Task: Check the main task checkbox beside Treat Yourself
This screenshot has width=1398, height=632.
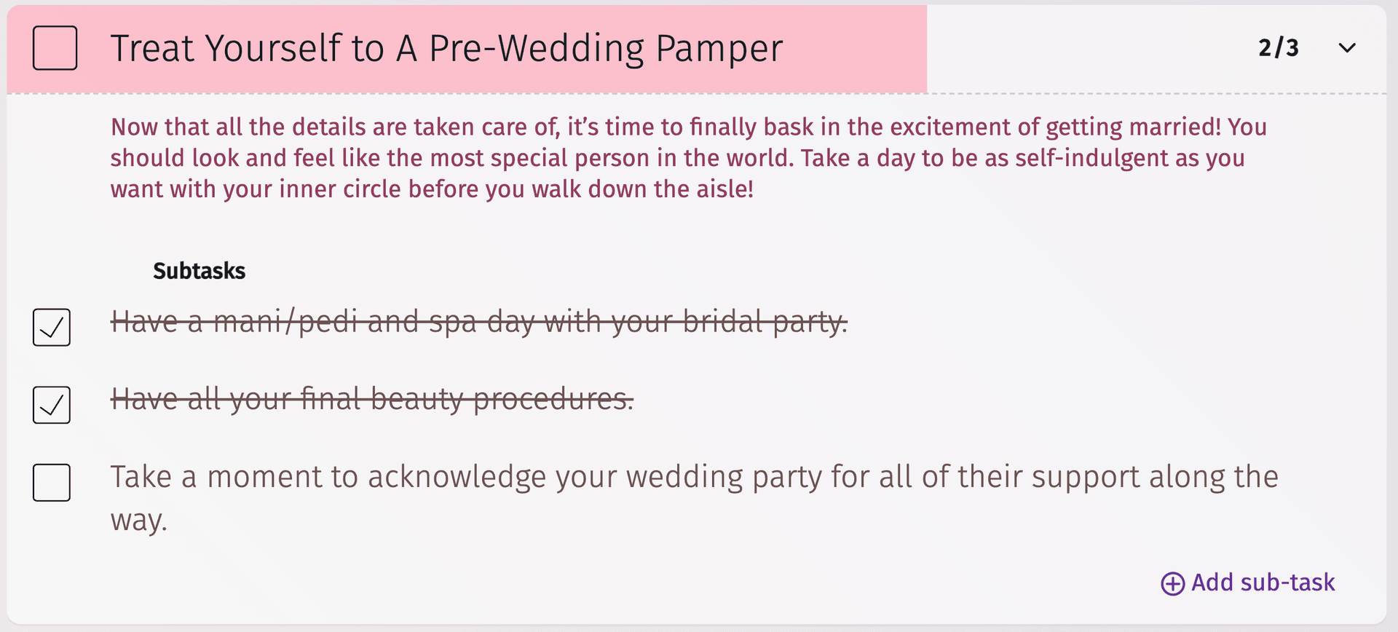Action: (55, 48)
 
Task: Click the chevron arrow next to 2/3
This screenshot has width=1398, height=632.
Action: (1347, 48)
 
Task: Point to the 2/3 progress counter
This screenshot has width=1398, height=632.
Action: (1278, 48)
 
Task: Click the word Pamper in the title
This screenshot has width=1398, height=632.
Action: (719, 50)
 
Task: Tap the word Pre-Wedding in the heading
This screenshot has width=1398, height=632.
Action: (537, 50)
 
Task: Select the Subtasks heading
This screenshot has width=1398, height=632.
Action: (199, 271)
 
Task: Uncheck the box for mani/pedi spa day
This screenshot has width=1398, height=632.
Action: (52, 327)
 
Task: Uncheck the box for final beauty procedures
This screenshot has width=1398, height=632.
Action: (52, 405)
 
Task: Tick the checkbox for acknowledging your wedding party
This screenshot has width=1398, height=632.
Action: (52, 482)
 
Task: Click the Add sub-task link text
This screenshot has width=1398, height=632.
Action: (1263, 582)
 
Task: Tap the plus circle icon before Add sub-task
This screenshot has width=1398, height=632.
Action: (1172, 583)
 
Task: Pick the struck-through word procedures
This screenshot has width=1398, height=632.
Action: (553, 400)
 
